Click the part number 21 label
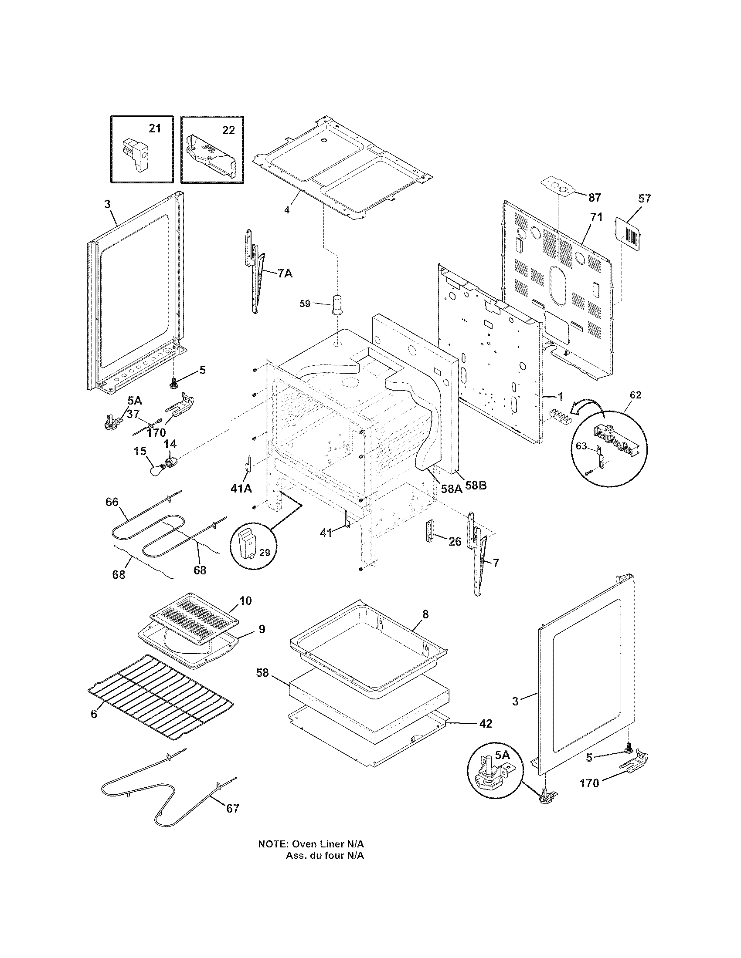coord(155,128)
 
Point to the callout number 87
coord(595,198)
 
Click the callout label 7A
coord(285,273)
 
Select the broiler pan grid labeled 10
coord(194,619)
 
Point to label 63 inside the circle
coord(581,446)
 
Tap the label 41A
coord(241,488)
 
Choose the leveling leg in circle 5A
coord(490,775)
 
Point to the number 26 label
coord(455,542)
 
